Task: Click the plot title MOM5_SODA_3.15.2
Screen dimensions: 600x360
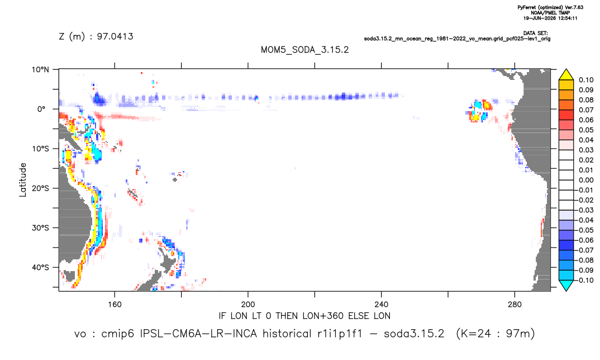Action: point(304,50)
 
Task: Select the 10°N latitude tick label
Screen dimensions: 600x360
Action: point(40,70)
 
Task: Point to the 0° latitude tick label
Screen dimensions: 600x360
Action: point(41,109)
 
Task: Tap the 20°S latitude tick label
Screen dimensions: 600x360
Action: point(40,188)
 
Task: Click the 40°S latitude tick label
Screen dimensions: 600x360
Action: point(40,267)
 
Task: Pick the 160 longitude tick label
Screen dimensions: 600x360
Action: point(115,305)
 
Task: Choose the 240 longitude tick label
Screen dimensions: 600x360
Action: point(381,305)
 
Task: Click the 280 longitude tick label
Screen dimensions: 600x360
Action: point(515,305)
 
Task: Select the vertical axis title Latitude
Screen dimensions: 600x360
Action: point(23,180)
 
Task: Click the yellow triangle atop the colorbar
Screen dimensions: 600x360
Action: point(566,75)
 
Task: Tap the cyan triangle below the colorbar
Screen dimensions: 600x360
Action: point(566,285)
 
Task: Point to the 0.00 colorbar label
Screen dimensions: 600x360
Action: point(586,180)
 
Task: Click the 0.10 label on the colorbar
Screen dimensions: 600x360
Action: point(586,80)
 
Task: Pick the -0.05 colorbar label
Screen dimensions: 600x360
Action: point(584,230)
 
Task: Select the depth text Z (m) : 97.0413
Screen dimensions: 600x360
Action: point(96,37)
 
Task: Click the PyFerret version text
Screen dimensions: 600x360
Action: point(550,7)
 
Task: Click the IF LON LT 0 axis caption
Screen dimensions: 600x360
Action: point(304,316)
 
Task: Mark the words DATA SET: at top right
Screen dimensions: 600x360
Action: point(536,34)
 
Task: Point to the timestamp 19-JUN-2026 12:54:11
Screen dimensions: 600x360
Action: point(550,18)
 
